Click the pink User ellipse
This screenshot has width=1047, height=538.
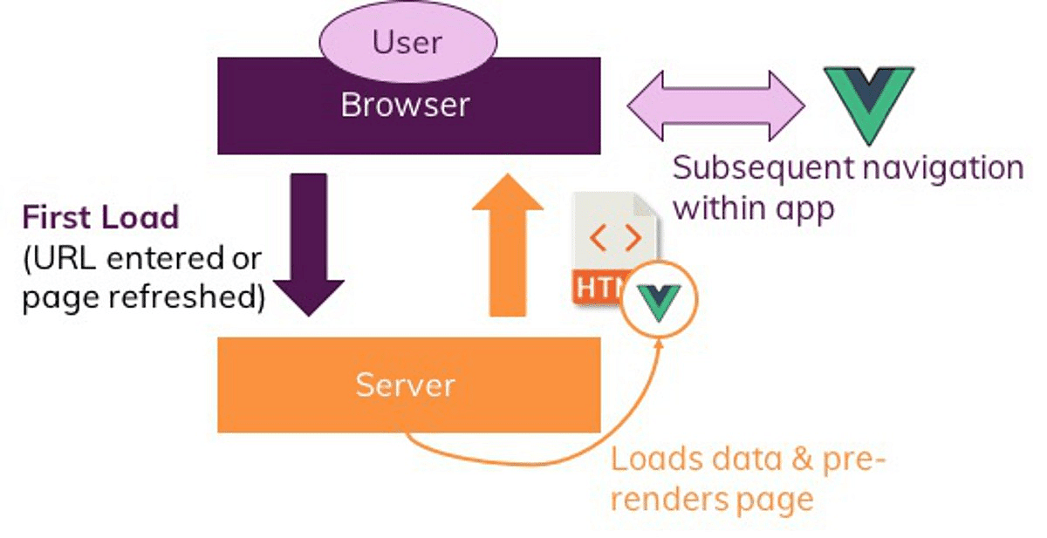pos(407,41)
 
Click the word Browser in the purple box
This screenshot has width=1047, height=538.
pos(405,105)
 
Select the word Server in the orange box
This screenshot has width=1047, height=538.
pos(405,385)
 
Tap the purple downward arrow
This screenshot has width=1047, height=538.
pos(308,244)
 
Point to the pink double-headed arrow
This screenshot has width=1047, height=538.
pos(715,105)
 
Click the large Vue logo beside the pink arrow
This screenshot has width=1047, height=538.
pos(869,103)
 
